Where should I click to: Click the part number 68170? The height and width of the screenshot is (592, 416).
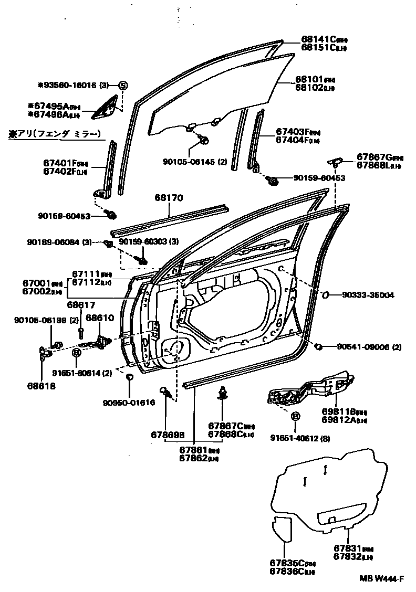point(168,198)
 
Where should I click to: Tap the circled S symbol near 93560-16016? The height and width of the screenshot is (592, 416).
point(123,85)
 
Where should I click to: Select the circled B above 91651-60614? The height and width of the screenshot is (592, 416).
point(76,352)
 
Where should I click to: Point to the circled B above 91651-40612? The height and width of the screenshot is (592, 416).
point(295,416)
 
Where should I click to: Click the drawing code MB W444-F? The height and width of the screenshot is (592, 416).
point(381,579)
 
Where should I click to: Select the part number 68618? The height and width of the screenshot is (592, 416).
point(41,385)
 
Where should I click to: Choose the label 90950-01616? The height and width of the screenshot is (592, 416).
point(129,403)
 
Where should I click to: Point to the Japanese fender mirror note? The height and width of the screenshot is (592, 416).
point(54,134)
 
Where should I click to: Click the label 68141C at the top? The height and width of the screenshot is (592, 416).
point(318,39)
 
